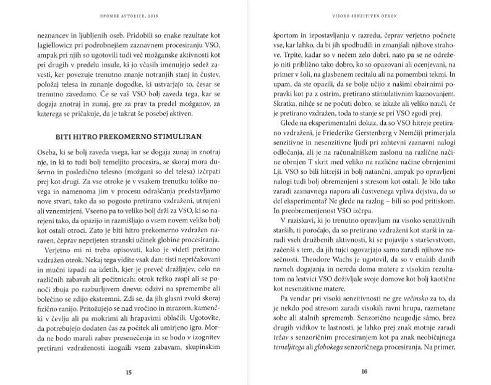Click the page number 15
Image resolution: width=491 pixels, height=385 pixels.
click(128, 372)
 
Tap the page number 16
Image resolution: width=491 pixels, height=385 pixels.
click(364, 372)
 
